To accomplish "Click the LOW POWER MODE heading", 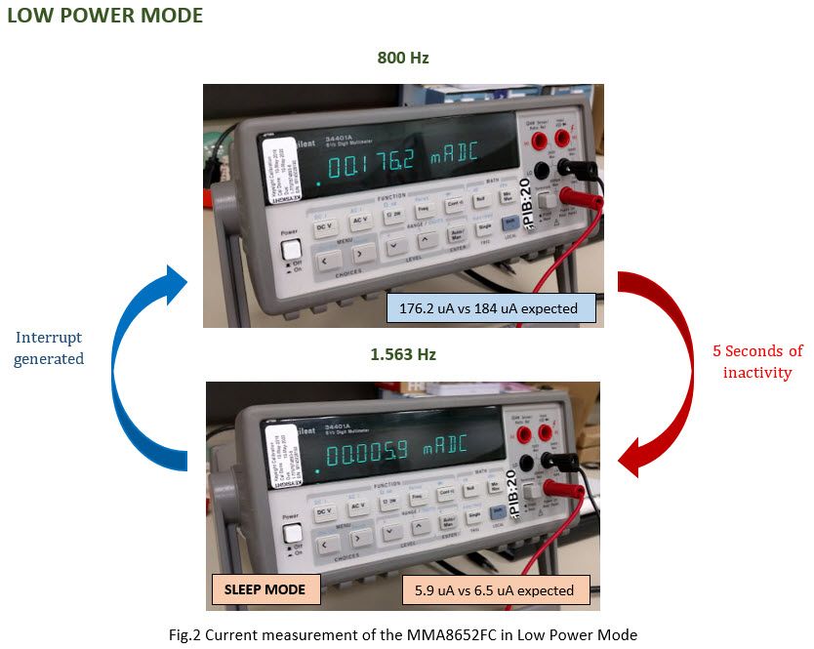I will pyautogui.click(x=105, y=17).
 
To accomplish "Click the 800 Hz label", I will pyautogui.click(x=403, y=59).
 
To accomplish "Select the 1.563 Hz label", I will pyautogui.click(x=403, y=354).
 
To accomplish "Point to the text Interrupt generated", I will pyautogui.click(x=49, y=348).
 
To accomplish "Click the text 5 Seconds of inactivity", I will pyautogui.click(x=756, y=360).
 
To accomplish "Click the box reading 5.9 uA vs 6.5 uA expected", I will pyautogui.click(x=496, y=589).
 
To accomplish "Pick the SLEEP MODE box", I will pyautogui.click(x=265, y=589).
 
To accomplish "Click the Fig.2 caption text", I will pyautogui.click(x=402, y=634).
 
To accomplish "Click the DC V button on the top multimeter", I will pyautogui.click(x=324, y=226).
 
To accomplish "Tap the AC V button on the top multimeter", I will pyautogui.click(x=361, y=222).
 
